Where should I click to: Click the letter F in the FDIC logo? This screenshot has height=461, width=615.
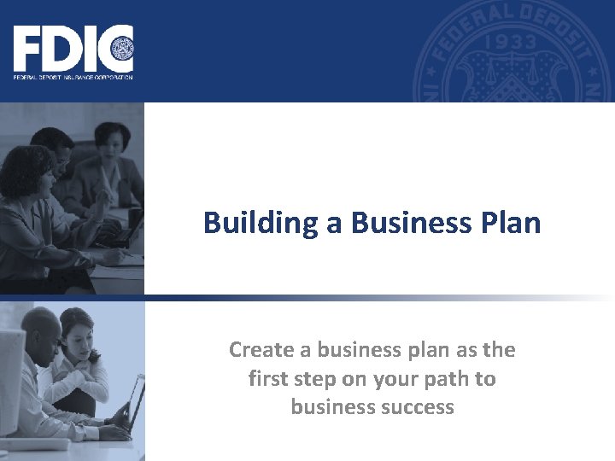pyautogui.click(x=26, y=50)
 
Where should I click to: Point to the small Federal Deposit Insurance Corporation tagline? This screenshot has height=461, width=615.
pyautogui.click(x=73, y=77)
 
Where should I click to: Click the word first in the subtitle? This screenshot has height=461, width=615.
pyautogui.click(x=266, y=378)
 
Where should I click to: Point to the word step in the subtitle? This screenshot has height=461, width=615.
pyautogui.click(x=313, y=378)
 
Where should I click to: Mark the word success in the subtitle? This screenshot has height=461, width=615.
pyautogui.click(x=416, y=406)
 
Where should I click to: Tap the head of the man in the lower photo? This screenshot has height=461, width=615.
pyautogui.click(x=40, y=329)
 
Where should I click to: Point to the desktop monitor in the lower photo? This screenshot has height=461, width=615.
pyautogui.click(x=10, y=376)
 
